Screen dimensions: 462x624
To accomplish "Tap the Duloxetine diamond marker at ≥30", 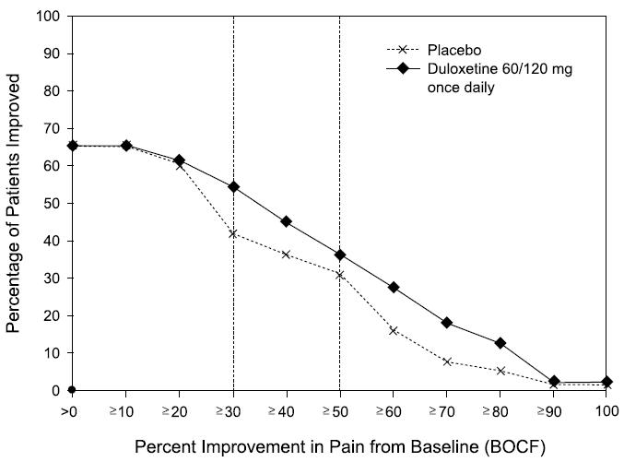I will point(233,186).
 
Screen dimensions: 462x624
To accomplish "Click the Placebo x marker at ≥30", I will point(233,233).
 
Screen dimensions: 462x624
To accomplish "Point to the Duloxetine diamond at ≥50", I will point(340,255).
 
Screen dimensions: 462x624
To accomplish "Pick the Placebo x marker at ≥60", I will point(394,330).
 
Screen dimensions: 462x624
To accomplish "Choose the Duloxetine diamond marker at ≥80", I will point(500,343).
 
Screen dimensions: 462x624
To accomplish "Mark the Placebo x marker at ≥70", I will point(447,361).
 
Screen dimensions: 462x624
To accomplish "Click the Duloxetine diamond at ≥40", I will point(287,221).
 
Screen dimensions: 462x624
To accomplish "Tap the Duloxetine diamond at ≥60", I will point(394,288).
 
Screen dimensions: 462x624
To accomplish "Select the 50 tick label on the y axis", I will point(53,204).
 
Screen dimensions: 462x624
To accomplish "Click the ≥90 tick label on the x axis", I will point(553,408).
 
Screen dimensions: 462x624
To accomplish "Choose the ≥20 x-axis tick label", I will point(179,408).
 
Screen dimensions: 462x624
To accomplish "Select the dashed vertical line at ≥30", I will point(233,111).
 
